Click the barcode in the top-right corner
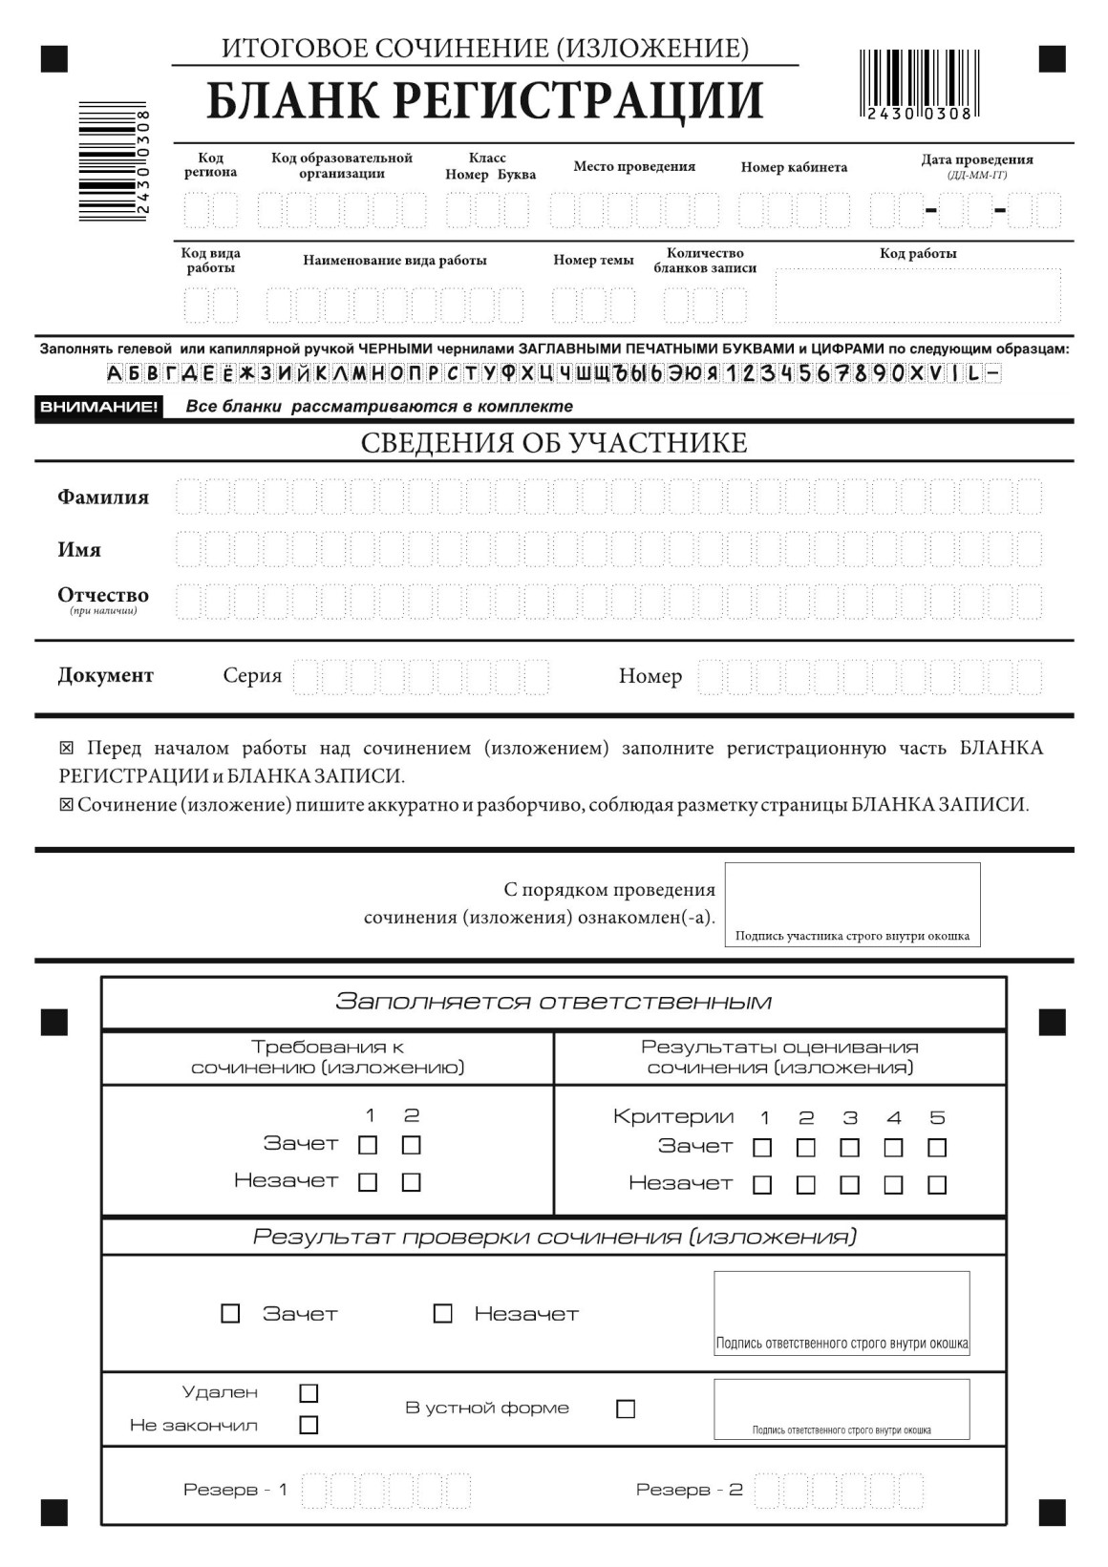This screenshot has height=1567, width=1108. pyautogui.click(x=915, y=84)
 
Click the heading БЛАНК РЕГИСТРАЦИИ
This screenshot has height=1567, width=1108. pyautogui.click(x=485, y=101)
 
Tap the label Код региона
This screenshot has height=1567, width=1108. pyautogui.click(x=210, y=165)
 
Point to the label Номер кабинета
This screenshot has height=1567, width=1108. pyautogui.click(x=794, y=167)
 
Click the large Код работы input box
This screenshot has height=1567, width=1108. pyautogui.click(x=917, y=296)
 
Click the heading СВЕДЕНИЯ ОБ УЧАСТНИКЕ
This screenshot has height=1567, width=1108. pyautogui.click(x=554, y=443)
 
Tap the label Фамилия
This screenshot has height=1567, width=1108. pyautogui.click(x=103, y=497)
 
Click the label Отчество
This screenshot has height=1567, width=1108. pyautogui.click(x=103, y=595)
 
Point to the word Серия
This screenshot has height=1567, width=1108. pyautogui.click(x=252, y=676)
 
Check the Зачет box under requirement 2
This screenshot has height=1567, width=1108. pyautogui.click(x=412, y=1144)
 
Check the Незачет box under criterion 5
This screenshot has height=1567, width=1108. pyautogui.click(x=937, y=1184)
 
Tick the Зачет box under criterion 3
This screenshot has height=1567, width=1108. pyautogui.click(x=849, y=1147)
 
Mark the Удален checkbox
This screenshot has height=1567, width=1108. pyautogui.click(x=309, y=1393)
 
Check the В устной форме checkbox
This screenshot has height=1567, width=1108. pyautogui.click(x=626, y=1408)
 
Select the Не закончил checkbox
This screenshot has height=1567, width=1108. pyautogui.click(x=309, y=1425)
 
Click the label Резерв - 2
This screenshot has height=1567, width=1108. pyautogui.click(x=689, y=1490)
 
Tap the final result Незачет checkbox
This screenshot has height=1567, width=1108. pyautogui.click(x=442, y=1314)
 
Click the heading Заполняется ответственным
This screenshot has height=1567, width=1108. pyautogui.click(x=554, y=1002)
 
